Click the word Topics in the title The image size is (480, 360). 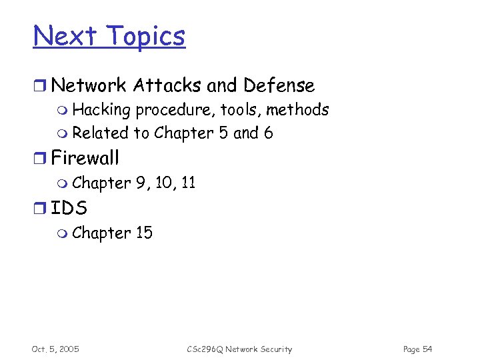tap(147, 35)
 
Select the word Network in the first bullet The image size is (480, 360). tap(89, 85)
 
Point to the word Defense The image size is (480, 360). tap(279, 85)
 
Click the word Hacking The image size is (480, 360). tap(101, 109)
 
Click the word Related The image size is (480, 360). tap(101, 133)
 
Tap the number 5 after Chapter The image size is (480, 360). tap(222, 133)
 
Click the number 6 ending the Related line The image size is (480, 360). tap(268, 133)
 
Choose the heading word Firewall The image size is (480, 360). tap(85, 158)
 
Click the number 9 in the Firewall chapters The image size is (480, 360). tap(141, 183)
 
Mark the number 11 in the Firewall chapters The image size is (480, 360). tap(187, 183)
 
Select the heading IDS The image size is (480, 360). tap(69, 208)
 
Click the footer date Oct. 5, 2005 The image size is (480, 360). tap(55, 349)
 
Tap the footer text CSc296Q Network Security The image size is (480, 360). tap(239, 349)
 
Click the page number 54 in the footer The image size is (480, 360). tap(427, 349)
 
